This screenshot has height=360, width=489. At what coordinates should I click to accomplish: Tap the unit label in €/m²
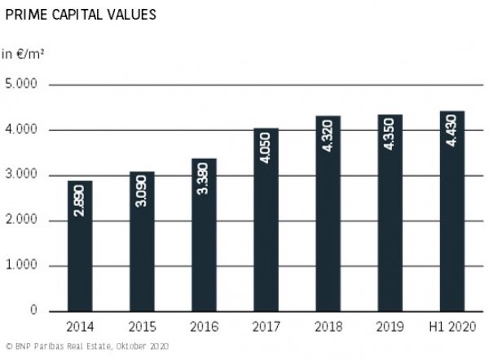22,55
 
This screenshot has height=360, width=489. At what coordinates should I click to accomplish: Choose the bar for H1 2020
452,211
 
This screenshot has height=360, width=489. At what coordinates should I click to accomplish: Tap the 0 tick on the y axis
33,311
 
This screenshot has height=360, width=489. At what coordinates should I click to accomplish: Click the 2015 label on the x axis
142,327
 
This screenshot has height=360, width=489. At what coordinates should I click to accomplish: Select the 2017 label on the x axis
266,327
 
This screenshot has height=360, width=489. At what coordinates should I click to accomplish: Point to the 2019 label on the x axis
390,327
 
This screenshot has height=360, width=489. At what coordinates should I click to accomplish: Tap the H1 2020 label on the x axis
452,327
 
